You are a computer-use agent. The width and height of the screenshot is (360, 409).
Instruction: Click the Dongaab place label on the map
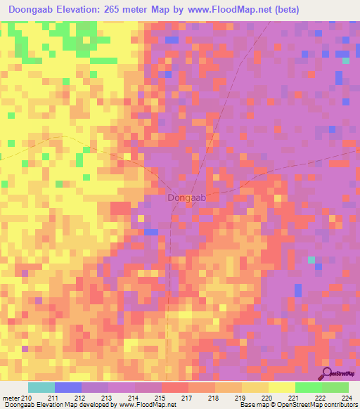[x=187, y=198]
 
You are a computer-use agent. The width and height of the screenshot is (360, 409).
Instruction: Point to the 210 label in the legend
[x=27, y=399]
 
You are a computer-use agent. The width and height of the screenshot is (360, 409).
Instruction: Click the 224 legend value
[x=345, y=399]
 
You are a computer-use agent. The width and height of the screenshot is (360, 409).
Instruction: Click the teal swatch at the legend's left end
[x=41, y=387]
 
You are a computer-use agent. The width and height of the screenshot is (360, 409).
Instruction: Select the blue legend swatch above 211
[x=67, y=387]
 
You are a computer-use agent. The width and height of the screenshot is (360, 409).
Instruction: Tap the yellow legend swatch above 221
[x=281, y=387]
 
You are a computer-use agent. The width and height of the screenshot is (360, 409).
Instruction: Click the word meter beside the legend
[x=10, y=399]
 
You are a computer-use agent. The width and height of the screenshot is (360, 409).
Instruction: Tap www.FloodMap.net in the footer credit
[x=148, y=405]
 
